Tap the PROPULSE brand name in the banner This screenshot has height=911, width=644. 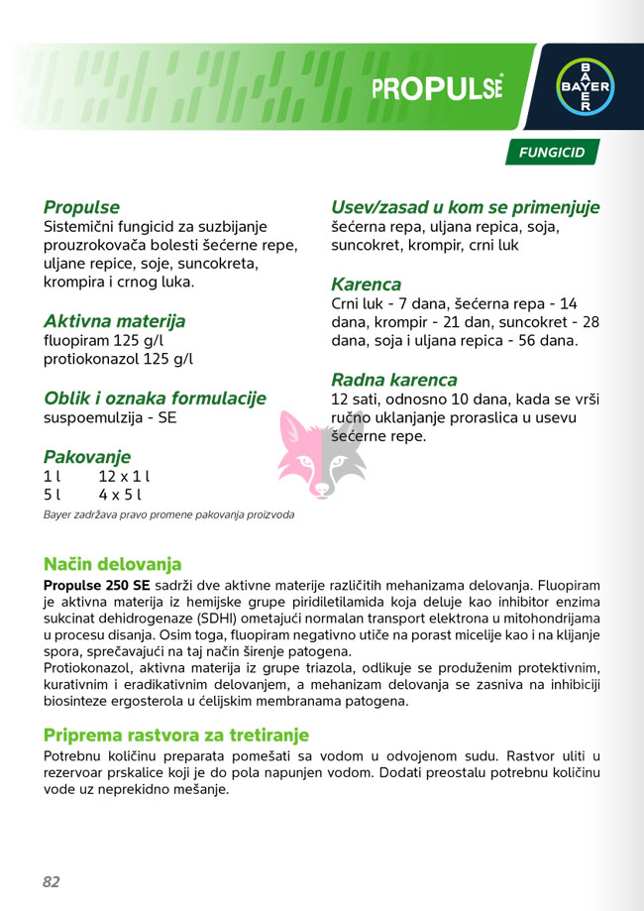(x=437, y=88)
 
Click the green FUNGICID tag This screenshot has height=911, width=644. (x=552, y=153)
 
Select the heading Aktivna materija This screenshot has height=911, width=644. (x=114, y=321)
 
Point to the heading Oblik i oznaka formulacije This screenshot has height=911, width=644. (x=155, y=398)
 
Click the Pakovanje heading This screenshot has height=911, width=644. (x=87, y=456)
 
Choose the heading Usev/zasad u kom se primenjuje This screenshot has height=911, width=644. (x=465, y=207)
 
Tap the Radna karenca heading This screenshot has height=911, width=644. (x=393, y=380)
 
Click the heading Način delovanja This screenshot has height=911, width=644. (x=112, y=564)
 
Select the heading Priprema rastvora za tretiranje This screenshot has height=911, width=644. (x=176, y=735)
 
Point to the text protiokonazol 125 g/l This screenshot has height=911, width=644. (x=118, y=359)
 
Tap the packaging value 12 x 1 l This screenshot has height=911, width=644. (x=124, y=476)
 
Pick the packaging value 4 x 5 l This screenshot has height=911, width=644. (x=120, y=494)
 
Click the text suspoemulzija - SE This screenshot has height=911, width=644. (x=110, y=417)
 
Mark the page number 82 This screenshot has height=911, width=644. (x=52, y=881)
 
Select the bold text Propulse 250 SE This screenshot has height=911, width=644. (x=96, y=585)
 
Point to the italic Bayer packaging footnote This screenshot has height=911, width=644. (x=168, y=514)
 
